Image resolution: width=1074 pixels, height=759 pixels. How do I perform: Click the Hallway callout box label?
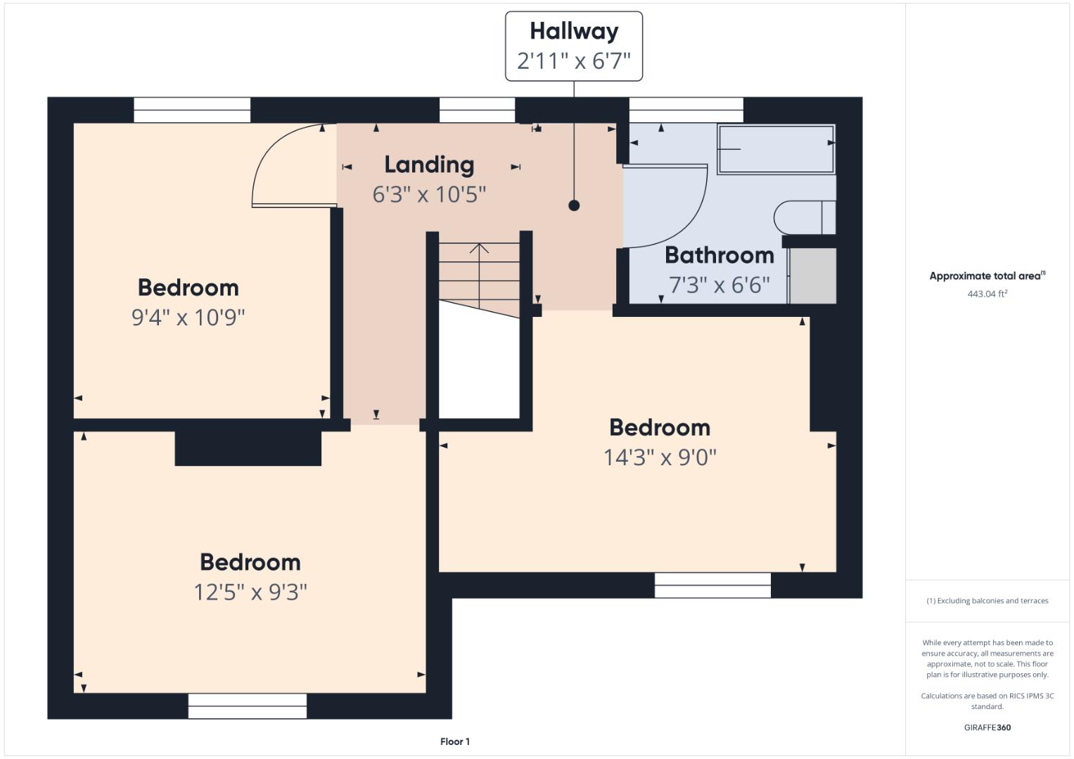[573, 31]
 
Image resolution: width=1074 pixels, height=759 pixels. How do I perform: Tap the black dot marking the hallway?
[574, 205]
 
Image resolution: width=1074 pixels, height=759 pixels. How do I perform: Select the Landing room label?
[429, 165]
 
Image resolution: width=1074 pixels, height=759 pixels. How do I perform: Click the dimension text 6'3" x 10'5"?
[429, 195]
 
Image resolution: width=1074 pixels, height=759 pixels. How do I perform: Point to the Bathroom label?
[720, 255]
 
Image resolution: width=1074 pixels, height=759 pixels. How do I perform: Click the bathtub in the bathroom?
[776, 149]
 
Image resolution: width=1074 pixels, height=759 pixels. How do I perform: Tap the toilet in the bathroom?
[805, 218]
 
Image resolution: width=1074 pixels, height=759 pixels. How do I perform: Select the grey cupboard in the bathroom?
[812, 275]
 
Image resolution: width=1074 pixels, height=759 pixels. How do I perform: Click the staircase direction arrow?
[479, 275]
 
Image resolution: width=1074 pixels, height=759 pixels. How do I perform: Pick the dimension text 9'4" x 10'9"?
[188, 317]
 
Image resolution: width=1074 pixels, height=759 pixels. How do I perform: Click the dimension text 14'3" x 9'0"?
[660, 457]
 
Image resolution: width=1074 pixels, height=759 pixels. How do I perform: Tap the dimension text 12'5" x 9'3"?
[250, 592]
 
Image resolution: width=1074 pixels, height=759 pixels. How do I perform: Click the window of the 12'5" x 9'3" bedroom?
[248, 706]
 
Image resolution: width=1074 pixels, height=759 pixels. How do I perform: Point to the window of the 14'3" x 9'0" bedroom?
[712, 585]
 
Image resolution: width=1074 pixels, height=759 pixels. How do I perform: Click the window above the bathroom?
[686, 110]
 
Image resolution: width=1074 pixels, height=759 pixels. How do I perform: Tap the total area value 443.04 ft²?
[987, 294]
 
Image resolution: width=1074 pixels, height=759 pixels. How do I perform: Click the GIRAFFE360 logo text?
[987, 727]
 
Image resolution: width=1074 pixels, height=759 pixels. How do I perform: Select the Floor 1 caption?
[455, 741]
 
